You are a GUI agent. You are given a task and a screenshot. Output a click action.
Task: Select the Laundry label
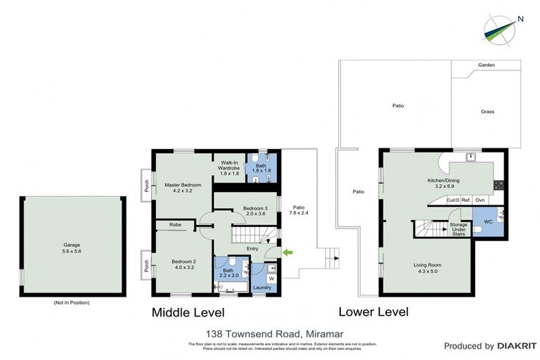[262, 288]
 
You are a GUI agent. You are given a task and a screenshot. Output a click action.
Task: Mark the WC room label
[488, 221]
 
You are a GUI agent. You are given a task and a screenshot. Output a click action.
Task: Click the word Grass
[487, 112]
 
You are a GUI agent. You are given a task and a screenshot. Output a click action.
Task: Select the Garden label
[487, 65]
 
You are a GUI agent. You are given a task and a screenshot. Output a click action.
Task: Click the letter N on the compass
[520, 19]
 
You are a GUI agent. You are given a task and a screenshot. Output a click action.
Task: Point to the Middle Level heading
[188, 312]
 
